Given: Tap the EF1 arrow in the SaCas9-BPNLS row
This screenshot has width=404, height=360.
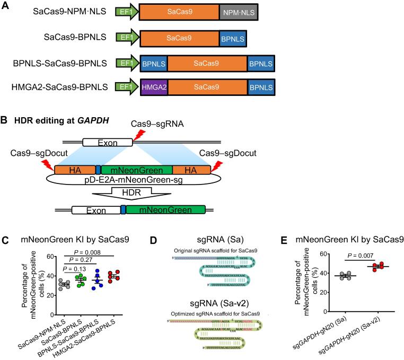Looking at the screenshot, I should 127,38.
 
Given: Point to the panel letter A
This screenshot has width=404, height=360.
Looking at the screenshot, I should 5,5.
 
